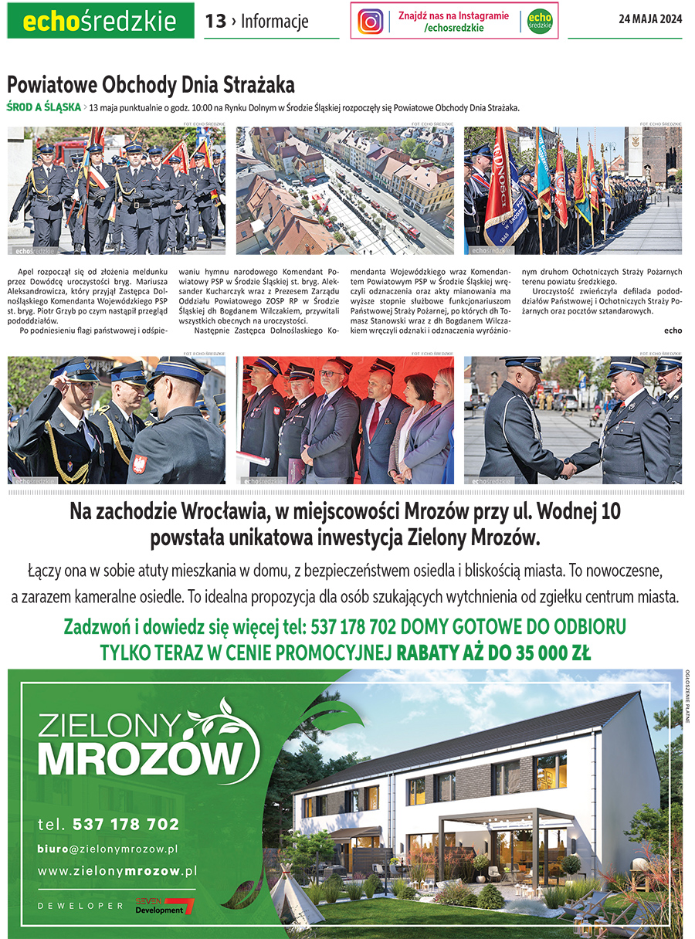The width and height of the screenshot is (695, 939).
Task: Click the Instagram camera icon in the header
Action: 371,21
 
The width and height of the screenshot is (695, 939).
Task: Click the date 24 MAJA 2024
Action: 650,20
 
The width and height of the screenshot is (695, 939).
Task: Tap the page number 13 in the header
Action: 215,21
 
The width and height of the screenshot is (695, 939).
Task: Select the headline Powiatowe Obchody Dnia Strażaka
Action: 151,85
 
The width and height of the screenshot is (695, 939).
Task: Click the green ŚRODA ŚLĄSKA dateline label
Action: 43,107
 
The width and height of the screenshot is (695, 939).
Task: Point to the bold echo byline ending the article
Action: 673,330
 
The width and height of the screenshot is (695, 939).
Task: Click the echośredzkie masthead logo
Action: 100,21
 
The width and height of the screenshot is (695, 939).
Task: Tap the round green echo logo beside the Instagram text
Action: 540,21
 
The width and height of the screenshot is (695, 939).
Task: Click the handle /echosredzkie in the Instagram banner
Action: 454,29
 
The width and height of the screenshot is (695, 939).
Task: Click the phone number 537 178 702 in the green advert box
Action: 125,824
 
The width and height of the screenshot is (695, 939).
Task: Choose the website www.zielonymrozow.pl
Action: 117,870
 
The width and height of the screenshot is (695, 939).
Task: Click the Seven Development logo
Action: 164,906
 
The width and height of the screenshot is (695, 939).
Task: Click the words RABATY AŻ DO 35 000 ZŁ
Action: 493,653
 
